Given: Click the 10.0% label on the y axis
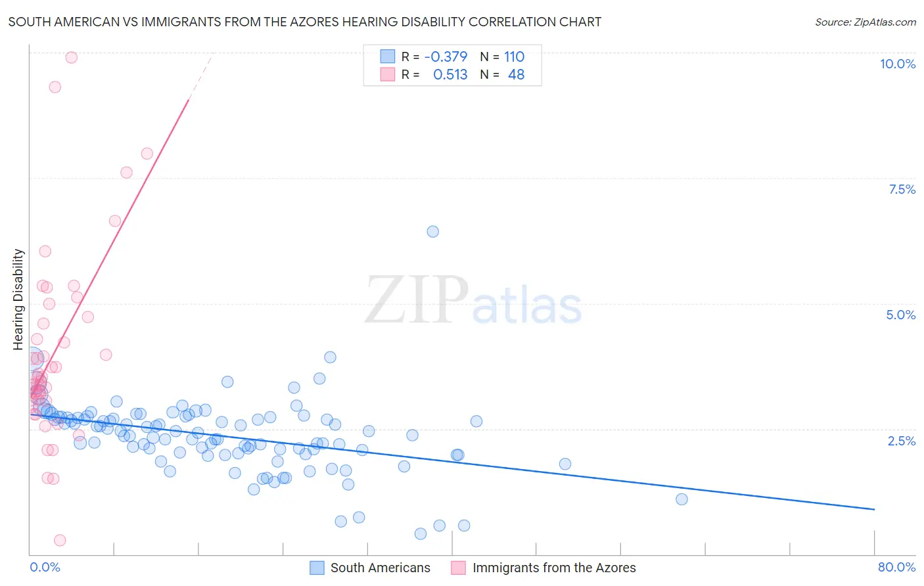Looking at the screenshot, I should [897, 64].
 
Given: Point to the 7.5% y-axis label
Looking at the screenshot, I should [902, 189].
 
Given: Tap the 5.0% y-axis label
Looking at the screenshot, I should [900, 315].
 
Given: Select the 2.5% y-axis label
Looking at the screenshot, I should [901, 441].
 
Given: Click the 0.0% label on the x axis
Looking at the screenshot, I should [45, 567].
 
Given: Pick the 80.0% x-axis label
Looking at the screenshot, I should [896, 567].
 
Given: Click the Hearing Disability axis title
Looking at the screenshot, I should [18, 299].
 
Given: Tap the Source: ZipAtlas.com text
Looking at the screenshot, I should [865, 22].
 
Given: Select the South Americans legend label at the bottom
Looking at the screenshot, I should [380, 568].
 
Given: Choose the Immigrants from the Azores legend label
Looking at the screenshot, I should [553, 568].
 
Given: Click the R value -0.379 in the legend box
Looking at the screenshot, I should [446, 56].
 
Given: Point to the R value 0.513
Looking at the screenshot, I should [450, 75].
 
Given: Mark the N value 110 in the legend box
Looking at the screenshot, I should [514, 56].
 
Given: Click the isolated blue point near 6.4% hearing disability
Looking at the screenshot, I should [432, 231].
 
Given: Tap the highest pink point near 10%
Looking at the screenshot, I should [72, 57].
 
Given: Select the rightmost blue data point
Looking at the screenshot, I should [681, 499].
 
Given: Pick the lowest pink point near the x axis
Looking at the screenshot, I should [60, 540].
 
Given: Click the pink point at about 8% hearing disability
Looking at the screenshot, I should [147, 154].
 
